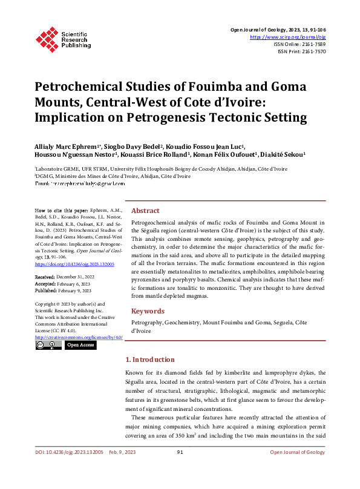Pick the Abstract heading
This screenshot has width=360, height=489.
146,211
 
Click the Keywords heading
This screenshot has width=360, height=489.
149,311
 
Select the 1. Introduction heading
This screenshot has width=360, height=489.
149,359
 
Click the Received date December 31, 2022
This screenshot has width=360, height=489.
77,277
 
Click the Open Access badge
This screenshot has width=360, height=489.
80,345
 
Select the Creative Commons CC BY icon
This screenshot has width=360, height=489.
48,345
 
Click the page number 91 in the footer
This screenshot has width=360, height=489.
180,469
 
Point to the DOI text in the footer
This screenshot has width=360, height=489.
70,469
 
